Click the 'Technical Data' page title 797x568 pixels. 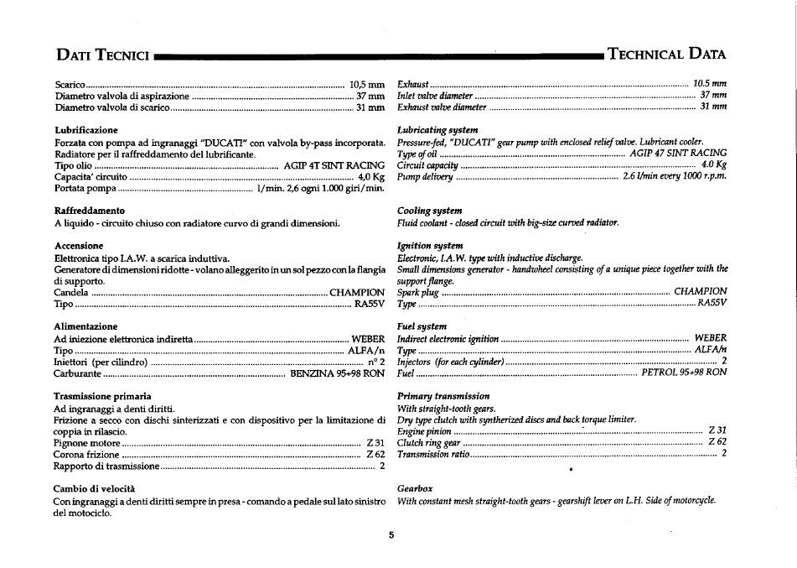[x=666, y=55]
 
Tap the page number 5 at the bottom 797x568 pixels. [x=391, y=534]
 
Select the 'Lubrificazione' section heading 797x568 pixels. [x=86, y=131]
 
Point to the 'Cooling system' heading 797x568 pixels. [x=430, y=211]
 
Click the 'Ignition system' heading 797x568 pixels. [x=430, y=246]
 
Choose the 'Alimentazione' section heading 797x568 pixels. [x=85, y=326]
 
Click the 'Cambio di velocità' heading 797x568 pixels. [x=95, y=488]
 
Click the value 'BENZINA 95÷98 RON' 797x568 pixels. [x=337, y=373]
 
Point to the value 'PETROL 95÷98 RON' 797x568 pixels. [x=684, y=373]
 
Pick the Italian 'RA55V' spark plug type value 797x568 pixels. [x=370, y=304]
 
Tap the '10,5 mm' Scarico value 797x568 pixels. [x=366, y=85]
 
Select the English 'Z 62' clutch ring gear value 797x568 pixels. [x=717, y=442]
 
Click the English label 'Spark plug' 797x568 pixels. [x=418, y=292]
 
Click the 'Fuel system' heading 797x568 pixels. [x=422, y=326]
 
